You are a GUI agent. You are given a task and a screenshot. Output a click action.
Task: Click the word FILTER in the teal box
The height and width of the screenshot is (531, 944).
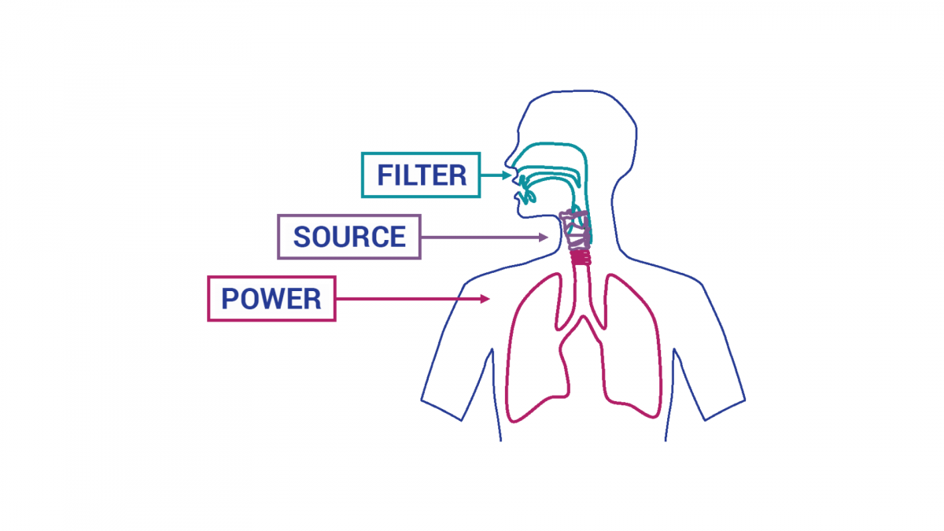click(x=422, y=175)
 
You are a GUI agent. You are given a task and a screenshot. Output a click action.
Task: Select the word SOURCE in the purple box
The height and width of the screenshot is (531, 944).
click(x=349, y=237)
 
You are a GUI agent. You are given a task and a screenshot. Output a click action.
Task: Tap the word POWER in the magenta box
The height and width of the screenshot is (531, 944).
click(x=271, y=299)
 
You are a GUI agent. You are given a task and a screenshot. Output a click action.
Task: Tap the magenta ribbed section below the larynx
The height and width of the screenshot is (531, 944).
click(x=581, y=257)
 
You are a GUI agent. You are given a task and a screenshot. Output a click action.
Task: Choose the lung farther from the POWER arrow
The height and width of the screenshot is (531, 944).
click(x=633, y=346)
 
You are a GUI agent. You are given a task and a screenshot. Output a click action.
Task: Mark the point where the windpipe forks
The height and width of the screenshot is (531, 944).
click(x=581, y=319)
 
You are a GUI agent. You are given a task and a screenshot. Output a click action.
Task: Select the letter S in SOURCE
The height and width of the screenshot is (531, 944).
click(x=301, y=237)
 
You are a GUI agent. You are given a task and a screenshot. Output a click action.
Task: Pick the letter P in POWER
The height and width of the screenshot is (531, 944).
click(x=230, y=299)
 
